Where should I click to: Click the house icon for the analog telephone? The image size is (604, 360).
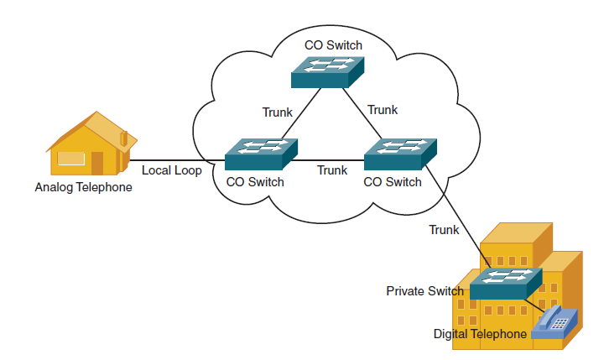91,143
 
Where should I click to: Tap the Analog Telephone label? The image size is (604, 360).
83,187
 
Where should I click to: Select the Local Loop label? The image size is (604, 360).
171,170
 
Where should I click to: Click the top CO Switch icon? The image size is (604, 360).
327,72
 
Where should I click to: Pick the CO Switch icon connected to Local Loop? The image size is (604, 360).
261,154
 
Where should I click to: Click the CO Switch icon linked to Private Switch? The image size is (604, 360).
400,154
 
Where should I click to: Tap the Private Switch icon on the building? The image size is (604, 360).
506,284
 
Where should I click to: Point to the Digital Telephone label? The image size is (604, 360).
480,334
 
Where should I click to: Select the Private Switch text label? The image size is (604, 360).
424,291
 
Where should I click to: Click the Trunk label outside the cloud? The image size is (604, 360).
444,230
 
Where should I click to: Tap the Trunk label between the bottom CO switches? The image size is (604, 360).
332,170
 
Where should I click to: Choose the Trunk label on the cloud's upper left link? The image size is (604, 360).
278,112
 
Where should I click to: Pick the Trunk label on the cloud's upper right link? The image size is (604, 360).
383,110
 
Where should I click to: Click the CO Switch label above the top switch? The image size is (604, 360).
333,45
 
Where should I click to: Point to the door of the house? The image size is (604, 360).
97,163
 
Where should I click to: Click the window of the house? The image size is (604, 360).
70,159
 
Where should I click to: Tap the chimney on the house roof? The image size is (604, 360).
124,138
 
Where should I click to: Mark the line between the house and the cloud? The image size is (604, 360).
177,160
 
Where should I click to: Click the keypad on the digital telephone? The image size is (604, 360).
560,324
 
